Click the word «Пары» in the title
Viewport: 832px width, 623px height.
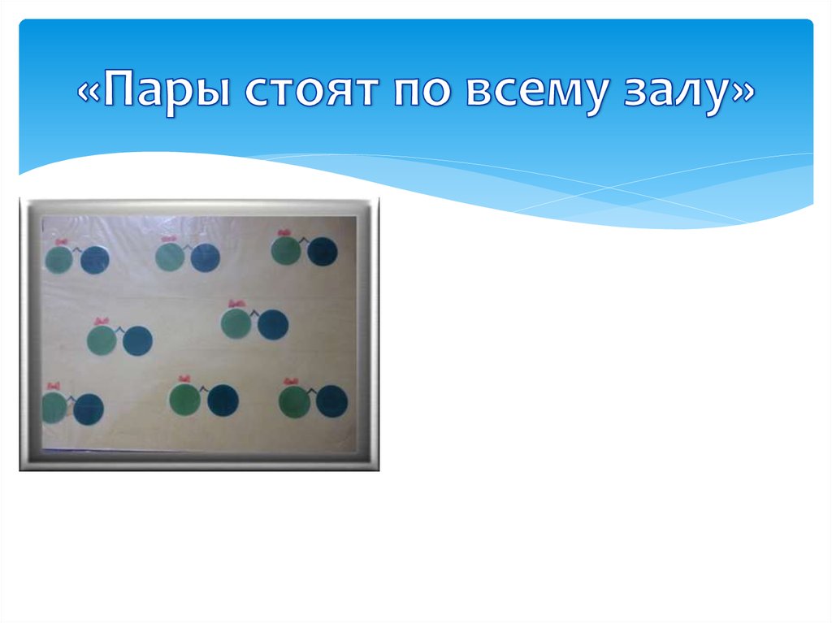click(x=155, y=91)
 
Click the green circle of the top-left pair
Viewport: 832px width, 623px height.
click(x=58, y=259)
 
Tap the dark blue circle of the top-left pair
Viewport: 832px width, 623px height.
click(x=95, y=259)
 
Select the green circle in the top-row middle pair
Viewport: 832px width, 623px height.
click(x=169, y=257)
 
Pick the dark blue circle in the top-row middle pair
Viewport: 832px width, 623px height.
click(x=205, y=257)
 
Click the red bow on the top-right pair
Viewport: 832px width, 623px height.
click(x=284, y=234)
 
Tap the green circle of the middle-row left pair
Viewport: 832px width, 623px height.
click(x=102, y=339)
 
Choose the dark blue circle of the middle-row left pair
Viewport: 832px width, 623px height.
click(x=137, y=340)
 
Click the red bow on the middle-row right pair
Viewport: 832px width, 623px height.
click(x=236, y=305)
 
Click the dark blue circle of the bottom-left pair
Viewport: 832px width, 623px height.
click(x=88, y=409)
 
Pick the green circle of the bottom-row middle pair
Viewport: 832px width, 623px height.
click(x=184, y=399)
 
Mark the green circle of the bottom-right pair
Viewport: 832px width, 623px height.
click(x=294, y=401)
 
